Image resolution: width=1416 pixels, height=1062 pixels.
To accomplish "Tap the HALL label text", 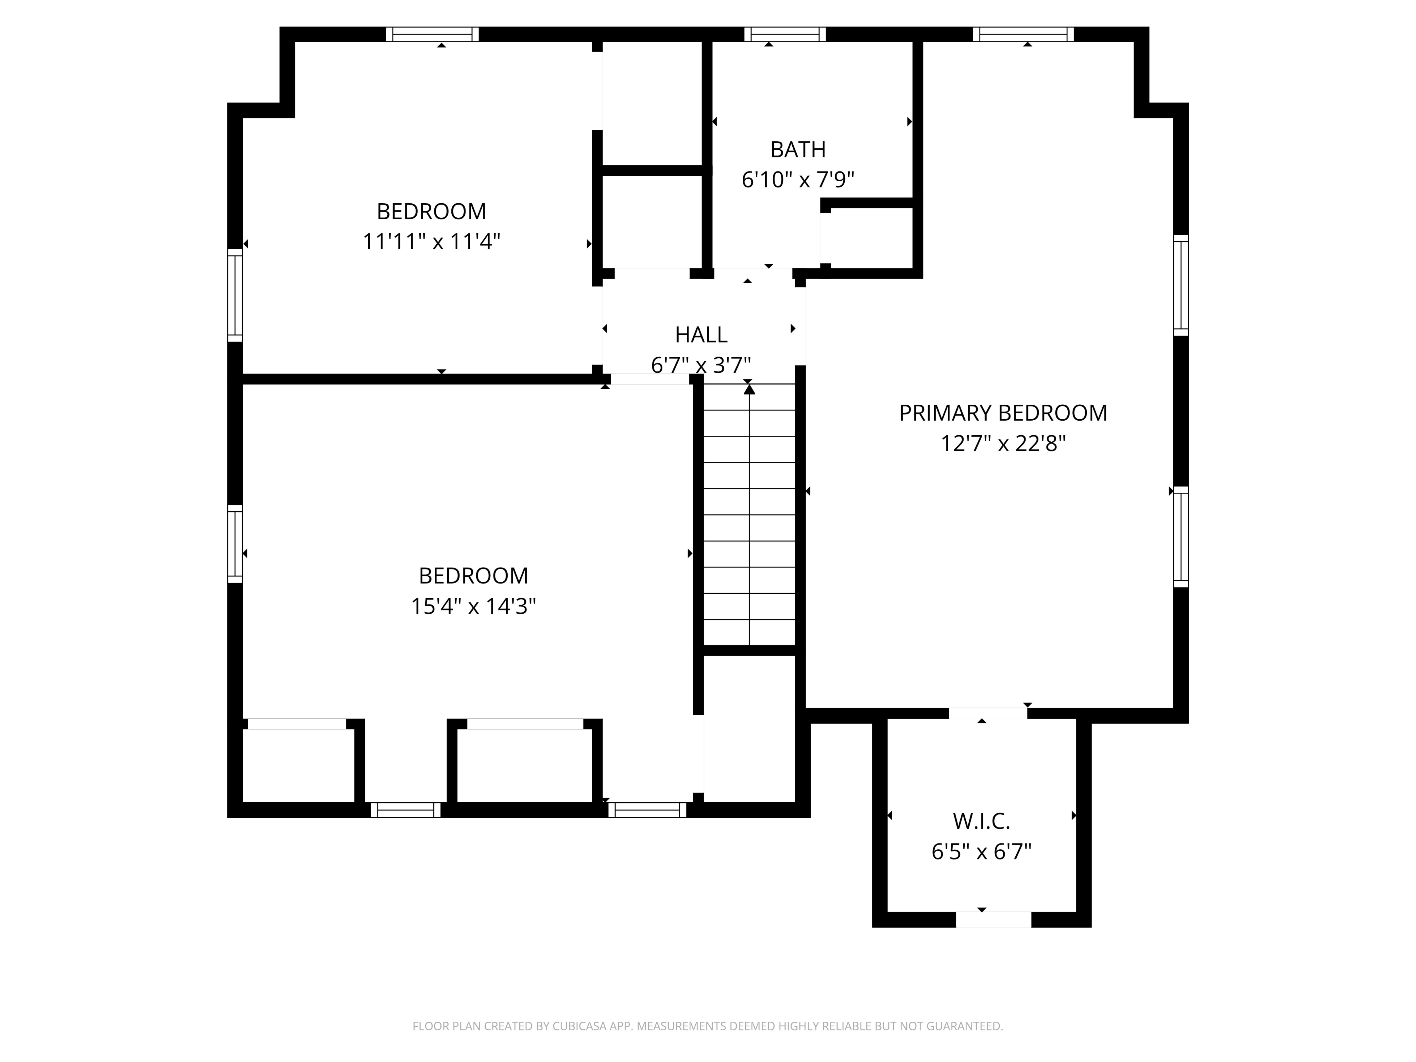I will (x=701, y=335).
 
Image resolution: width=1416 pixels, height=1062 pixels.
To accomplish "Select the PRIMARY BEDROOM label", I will (x=1003, y=413).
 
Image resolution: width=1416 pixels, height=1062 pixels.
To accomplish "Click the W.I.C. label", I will (x=981, y=821).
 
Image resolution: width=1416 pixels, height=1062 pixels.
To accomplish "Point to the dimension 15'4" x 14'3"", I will (x=473, y=606).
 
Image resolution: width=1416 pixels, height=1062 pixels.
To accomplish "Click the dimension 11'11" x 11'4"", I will (x=431, y=242).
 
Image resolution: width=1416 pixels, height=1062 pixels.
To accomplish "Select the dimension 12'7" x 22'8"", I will (x=1003, y=444).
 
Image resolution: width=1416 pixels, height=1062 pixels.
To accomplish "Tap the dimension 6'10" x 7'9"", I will (x=798, y=180).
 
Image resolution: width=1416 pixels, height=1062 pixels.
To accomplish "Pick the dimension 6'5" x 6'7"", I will (x=981, y=852).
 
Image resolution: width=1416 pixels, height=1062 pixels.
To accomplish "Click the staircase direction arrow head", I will (x=749, y=389).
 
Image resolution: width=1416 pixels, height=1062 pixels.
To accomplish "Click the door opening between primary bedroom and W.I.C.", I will (x=988, y=713).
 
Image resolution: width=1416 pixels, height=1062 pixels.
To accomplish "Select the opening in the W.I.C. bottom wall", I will (x=994, y=919).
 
